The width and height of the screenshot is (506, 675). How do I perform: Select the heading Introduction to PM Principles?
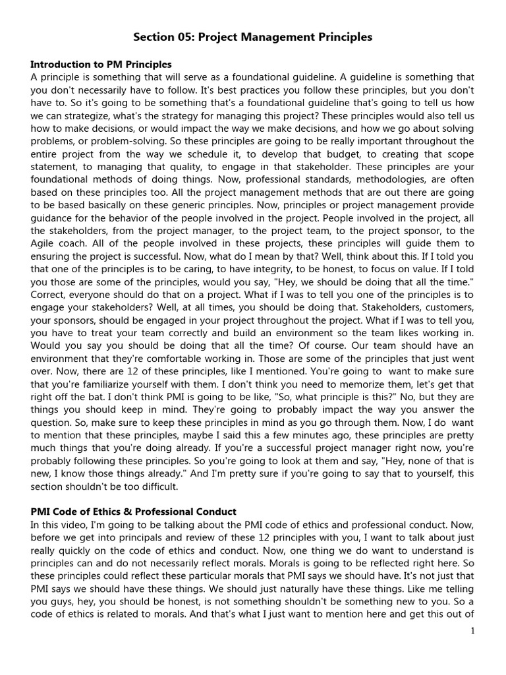click(x=101, y=65)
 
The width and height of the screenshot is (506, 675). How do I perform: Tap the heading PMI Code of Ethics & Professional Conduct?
click(x=133, y=512)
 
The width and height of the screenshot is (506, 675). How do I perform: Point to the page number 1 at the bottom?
click(x=472, y=631)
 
